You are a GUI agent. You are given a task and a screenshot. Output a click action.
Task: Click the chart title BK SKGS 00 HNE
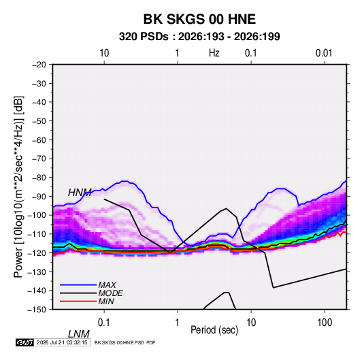click(199, 19)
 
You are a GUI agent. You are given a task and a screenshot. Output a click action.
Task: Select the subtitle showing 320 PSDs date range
click(199, 37)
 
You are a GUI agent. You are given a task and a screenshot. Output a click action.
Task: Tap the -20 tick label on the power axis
click(39, 65)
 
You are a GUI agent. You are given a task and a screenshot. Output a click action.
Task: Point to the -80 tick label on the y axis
click(39, 178)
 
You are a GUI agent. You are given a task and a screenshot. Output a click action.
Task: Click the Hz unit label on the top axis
click(214, 53)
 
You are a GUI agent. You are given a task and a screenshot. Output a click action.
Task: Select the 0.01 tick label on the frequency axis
click(324, 53)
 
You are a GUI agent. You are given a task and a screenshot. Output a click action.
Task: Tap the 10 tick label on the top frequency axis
click(104, 53)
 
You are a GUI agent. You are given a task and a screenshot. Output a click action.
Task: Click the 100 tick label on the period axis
click(325, 323)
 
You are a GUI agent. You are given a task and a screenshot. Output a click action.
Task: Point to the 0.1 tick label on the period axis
click(104, 323)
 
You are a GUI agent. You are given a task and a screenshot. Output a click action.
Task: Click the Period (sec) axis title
click(214, 330)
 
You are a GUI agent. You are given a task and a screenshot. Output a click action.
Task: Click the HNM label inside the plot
click(80, 193)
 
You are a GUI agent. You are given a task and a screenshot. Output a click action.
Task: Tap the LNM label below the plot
click(79, 334)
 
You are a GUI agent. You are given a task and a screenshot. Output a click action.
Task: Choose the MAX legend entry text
click(107, 285)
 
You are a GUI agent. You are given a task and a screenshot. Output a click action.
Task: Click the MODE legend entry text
click(110, 293)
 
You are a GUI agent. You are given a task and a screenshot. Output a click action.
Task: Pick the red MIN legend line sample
click(78, 301)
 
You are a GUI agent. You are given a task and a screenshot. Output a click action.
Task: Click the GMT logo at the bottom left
click(24, 342)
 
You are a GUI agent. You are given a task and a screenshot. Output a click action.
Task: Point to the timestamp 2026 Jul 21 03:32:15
click(62, 342)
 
